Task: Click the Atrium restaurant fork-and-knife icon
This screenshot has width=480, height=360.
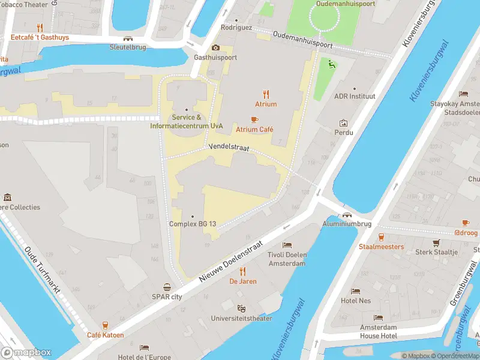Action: point(266,94)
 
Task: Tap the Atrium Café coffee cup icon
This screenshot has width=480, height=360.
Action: point(254,119)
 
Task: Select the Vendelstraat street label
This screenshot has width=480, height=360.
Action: point(228,146)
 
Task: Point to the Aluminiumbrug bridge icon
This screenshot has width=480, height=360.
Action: point(347,214)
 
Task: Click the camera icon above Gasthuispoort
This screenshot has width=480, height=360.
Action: point(215,48)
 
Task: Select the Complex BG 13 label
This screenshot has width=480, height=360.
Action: point(192,224)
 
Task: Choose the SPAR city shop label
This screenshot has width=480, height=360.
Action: point(167,296)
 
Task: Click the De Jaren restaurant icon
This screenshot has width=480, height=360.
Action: point(243,271)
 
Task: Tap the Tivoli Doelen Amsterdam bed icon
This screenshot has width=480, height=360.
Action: point(287,245)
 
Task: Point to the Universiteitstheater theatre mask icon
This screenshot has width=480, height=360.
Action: point(241,308)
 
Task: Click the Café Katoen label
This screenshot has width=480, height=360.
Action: point(106,335)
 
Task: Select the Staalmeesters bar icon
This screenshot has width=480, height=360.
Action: point(381,236)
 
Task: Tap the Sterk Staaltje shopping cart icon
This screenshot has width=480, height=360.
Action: point(436,242)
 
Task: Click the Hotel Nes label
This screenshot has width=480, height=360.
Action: point(356,301)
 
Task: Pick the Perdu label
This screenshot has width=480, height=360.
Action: point(344,132)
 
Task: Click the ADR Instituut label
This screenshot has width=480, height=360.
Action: point(355,96)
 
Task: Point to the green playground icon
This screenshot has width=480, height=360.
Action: point(331,64)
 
